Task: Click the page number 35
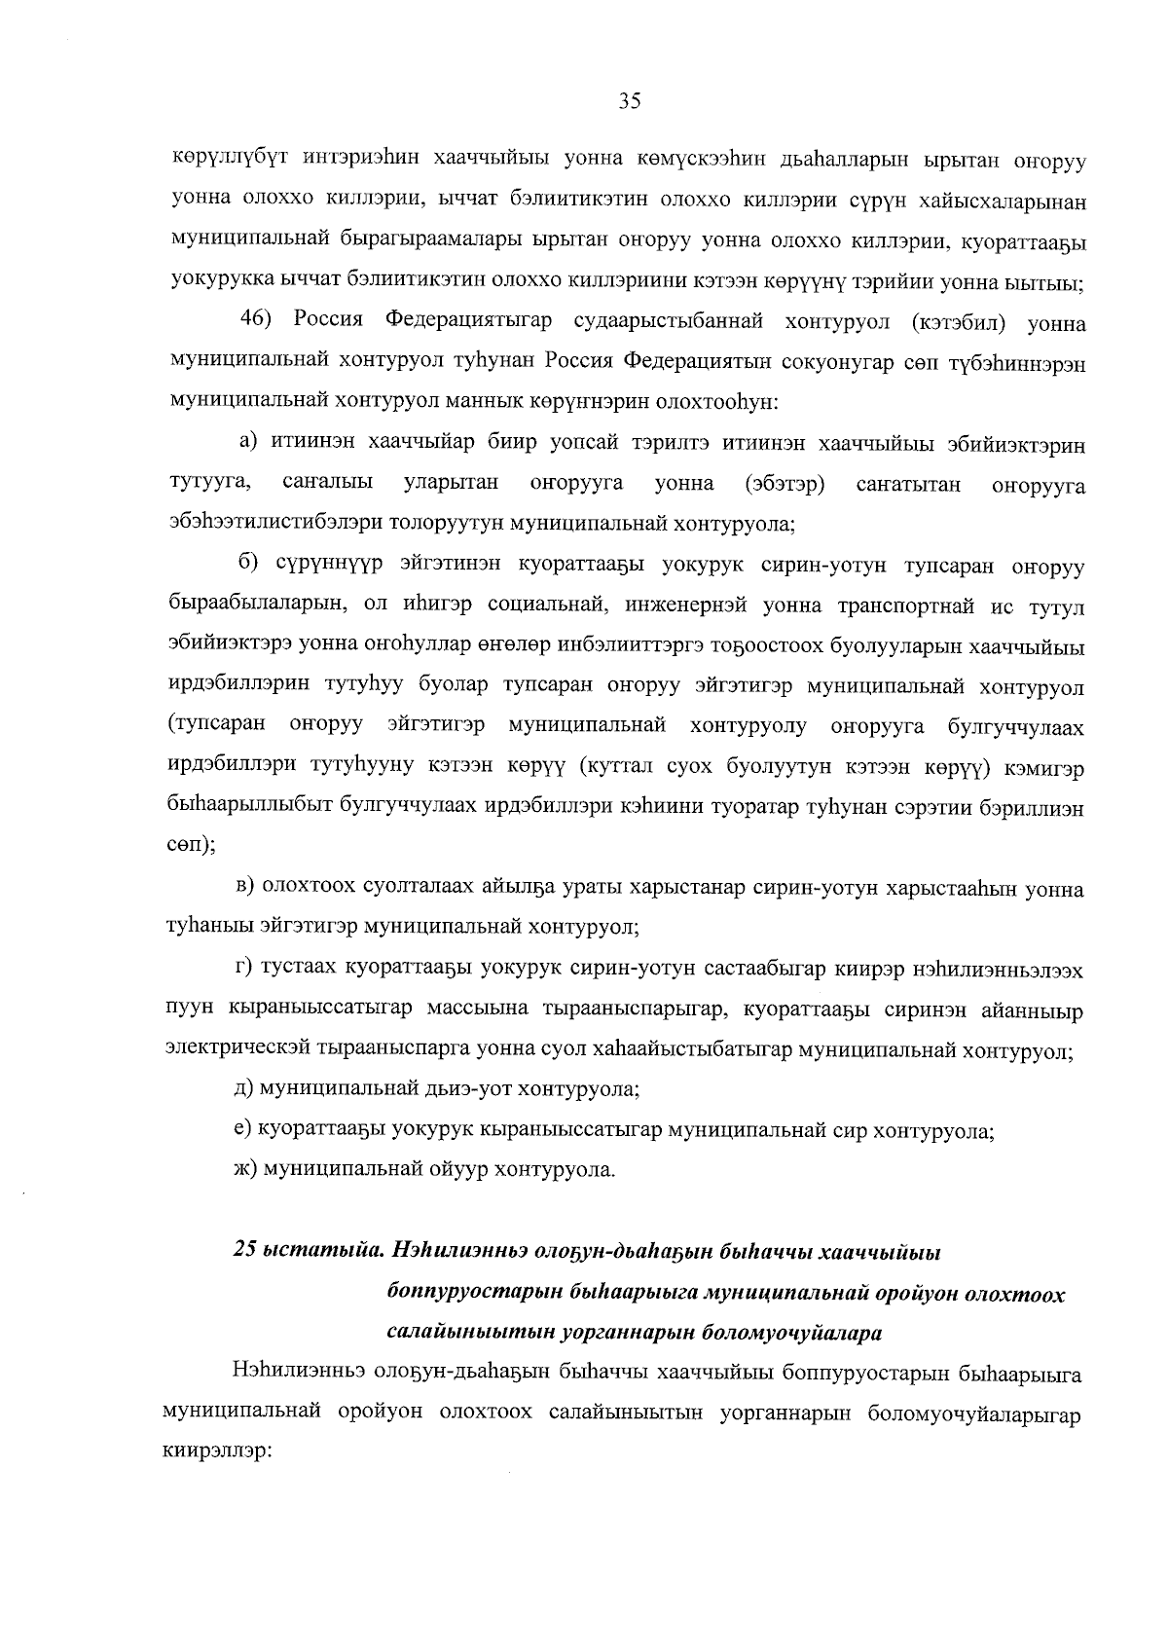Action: [629, 101]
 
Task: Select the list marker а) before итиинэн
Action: [250, 443]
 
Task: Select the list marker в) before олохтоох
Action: [249, 889]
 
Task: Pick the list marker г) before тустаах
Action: [248, 971]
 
